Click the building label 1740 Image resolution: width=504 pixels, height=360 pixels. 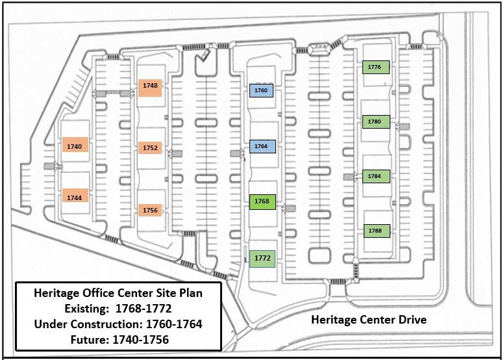pyautogui.click(x=75, y=146)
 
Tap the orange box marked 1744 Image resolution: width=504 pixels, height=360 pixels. pyautogui.click(x=75, y=196)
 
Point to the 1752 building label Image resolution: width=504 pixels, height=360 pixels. pyautogui.click(x=150, y=148)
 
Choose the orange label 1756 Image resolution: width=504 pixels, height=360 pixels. pyautogui.click(x=150, y=210)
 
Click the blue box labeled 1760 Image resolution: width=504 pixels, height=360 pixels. pyautogui.click(x=262, y=90)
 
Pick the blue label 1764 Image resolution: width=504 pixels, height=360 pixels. pyautogui.click(x=262, y=146)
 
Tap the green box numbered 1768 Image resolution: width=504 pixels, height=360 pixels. pyautogui.click(x=262, y=201)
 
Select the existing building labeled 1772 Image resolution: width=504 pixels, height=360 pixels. pyautogui.click(x=262, y=258)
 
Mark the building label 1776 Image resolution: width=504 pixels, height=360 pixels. pyautogui.click(x=375, y=67)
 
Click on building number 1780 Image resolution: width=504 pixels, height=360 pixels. pyautogui.click(x=375, y=122)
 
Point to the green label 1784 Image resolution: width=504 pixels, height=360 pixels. pyautogui.click(x=375, y=176)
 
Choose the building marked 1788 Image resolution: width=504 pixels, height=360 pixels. pyautogui.click(x=375, y=231)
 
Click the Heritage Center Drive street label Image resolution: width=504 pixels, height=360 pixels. pyautogui.click(x=369, y=320)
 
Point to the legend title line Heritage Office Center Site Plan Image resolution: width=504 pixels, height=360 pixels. pyautogui.click(x=118, y=294)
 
